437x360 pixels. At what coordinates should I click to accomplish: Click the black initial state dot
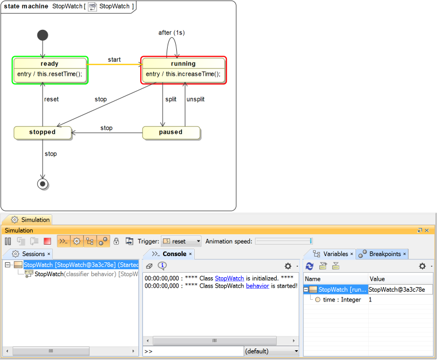42,35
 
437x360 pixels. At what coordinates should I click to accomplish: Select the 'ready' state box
49,69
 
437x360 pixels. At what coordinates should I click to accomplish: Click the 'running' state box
183,69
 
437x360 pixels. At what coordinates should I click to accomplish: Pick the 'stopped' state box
42,132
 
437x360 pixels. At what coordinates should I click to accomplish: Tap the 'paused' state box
171,132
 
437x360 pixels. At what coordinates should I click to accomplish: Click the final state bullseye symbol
42,184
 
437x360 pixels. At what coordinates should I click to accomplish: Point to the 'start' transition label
114,60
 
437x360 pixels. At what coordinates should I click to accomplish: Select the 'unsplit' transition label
195,99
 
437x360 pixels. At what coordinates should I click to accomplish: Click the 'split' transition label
171,99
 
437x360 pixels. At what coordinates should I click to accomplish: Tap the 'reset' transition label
52,99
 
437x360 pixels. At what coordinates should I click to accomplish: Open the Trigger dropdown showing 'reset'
181,242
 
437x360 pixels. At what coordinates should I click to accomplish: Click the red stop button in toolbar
47,242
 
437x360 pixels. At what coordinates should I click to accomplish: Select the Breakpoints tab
384,254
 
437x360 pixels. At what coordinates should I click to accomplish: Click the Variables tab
333,254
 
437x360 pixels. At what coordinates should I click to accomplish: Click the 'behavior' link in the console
257,285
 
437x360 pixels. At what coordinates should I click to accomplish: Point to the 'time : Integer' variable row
342,300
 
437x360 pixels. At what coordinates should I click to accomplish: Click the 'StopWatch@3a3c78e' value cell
397,290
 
